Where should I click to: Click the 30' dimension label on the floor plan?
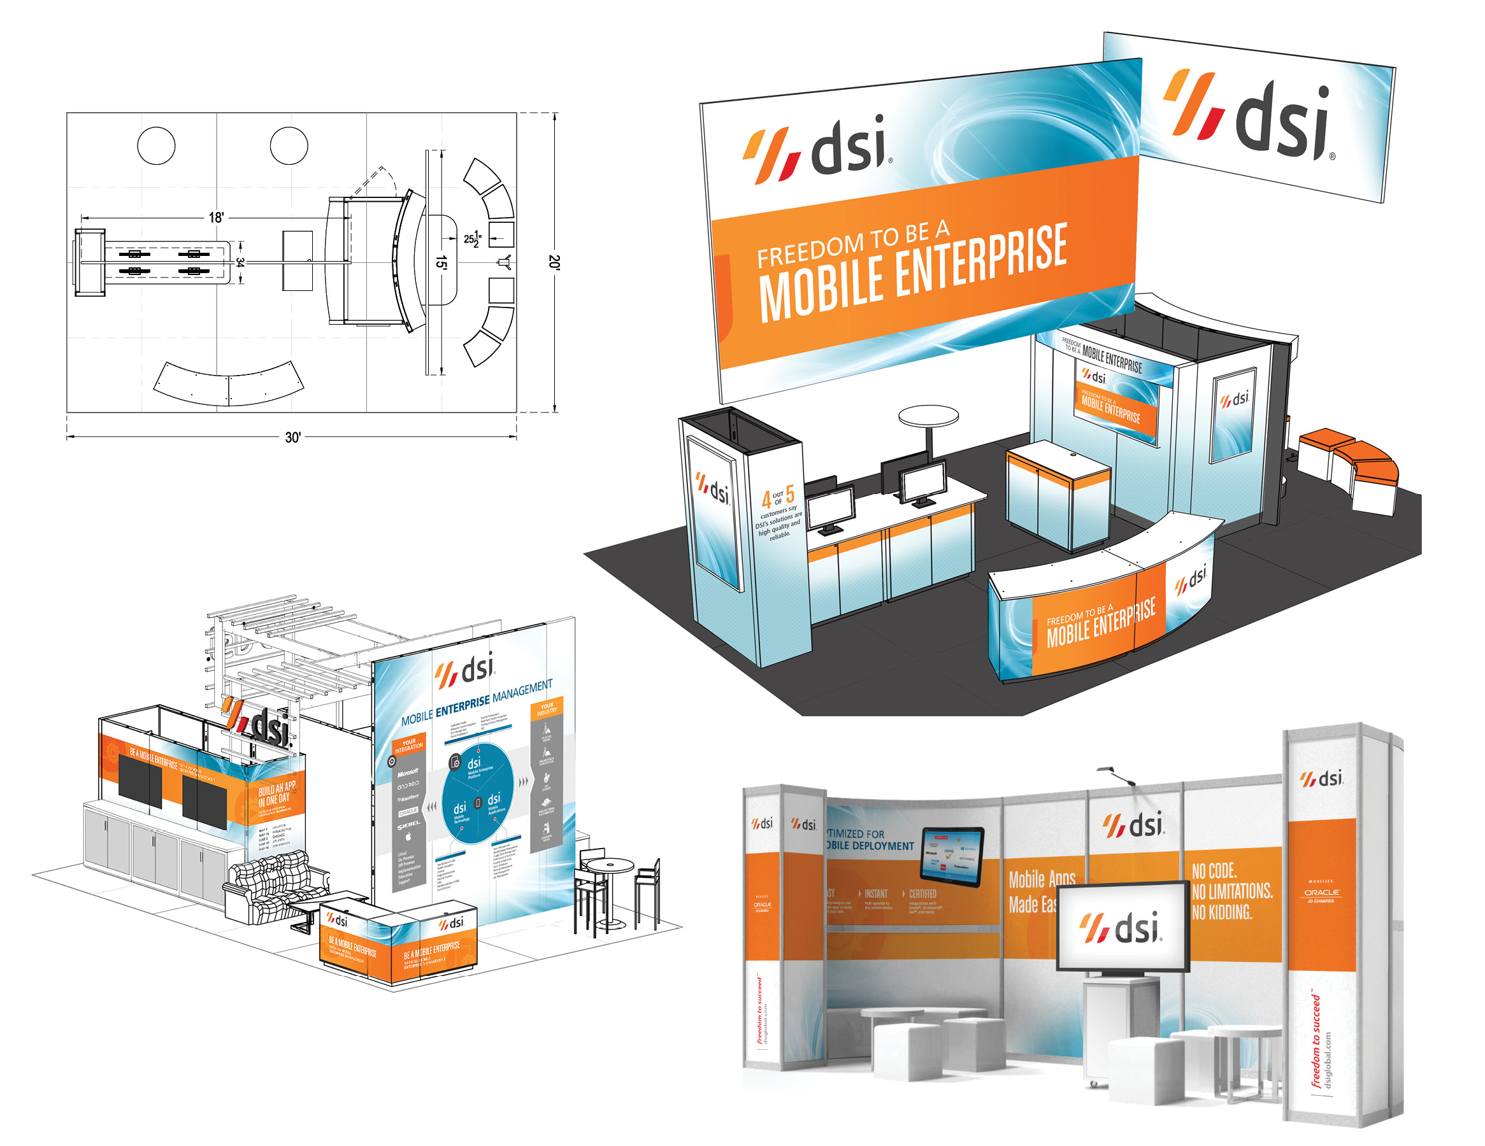(292, 437)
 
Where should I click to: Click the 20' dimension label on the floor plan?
(555, 262)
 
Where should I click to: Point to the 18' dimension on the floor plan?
(216, 218)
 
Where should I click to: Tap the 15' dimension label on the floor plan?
(442, 262)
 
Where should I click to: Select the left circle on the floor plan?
(155, 145)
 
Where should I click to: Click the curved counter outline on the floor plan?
(229, 385)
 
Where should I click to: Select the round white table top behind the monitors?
(928, 415)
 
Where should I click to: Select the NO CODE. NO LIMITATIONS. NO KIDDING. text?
(1231, 891)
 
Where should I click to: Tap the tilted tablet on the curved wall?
(952, 856)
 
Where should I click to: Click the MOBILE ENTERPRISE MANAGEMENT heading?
(477, 704)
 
